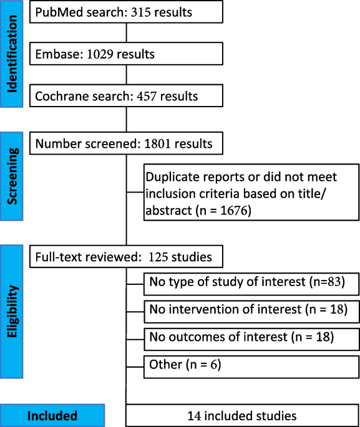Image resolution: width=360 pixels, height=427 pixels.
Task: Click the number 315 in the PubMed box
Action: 140,12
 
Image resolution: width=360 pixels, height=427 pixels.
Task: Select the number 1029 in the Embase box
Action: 100,54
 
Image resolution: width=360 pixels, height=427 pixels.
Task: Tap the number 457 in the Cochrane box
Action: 147,96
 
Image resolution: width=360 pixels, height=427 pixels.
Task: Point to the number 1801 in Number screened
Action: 157,143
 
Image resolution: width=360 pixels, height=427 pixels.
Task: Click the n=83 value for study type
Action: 327,282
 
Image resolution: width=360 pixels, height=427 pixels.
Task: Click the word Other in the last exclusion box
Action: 165,365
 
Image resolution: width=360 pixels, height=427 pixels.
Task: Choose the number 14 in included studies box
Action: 194,416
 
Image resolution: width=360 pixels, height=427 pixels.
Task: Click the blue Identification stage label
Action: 12,54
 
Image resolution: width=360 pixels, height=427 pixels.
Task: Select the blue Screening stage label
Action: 12,176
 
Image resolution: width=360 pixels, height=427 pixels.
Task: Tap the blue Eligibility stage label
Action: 12,312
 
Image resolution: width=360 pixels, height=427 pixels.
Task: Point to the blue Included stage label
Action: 52,416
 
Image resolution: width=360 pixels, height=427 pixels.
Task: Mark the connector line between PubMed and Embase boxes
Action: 127,32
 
